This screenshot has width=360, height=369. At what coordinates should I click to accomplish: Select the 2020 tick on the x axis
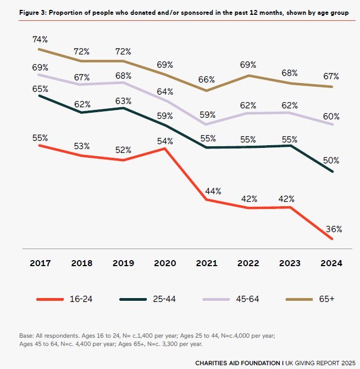tap(165, 263)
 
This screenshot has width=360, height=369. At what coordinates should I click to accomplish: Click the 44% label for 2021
tap(206, 191)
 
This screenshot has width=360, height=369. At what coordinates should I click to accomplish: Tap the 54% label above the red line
tap(165, 141)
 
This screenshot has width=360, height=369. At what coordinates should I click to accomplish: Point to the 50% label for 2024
tap(331, 161)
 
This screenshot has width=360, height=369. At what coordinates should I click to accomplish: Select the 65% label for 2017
tap(40, 89)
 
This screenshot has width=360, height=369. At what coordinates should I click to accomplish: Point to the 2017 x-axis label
tap(40, 263)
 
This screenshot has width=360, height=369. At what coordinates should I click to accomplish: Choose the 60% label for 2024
tap(331, 117)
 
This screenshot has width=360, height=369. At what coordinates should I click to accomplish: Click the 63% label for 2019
tap(123, 101)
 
